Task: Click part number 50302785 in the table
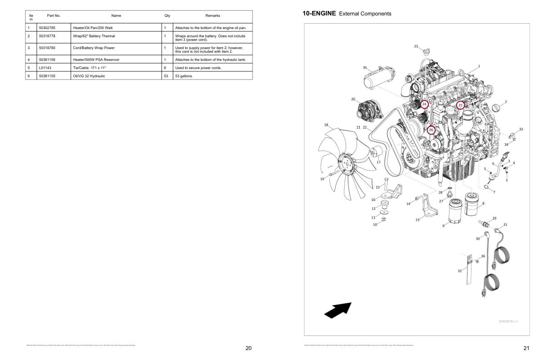coord(47,28)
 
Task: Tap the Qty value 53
coord(166,76)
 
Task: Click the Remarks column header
coord(213,15)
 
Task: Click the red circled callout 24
coord(424,104)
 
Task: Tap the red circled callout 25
coord(460,105)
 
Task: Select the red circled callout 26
coord(431,130)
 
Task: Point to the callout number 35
coord(365,67)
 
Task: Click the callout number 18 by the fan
coord(326,125)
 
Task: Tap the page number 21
coord(526,348)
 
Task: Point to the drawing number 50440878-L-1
coord(508,321)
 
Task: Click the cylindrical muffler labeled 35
coord(379,82)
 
